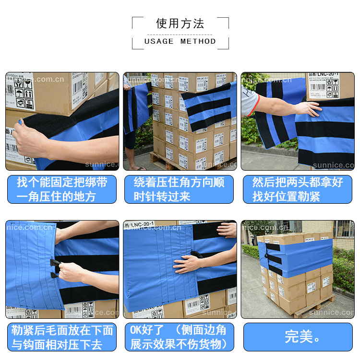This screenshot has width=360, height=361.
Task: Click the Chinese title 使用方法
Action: tap(180, 24)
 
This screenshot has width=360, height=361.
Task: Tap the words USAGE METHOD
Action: tap(180, 41)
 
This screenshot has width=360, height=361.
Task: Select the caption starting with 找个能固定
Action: tap(62, 189)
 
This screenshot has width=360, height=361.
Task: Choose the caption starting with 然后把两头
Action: tap(298, 189)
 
